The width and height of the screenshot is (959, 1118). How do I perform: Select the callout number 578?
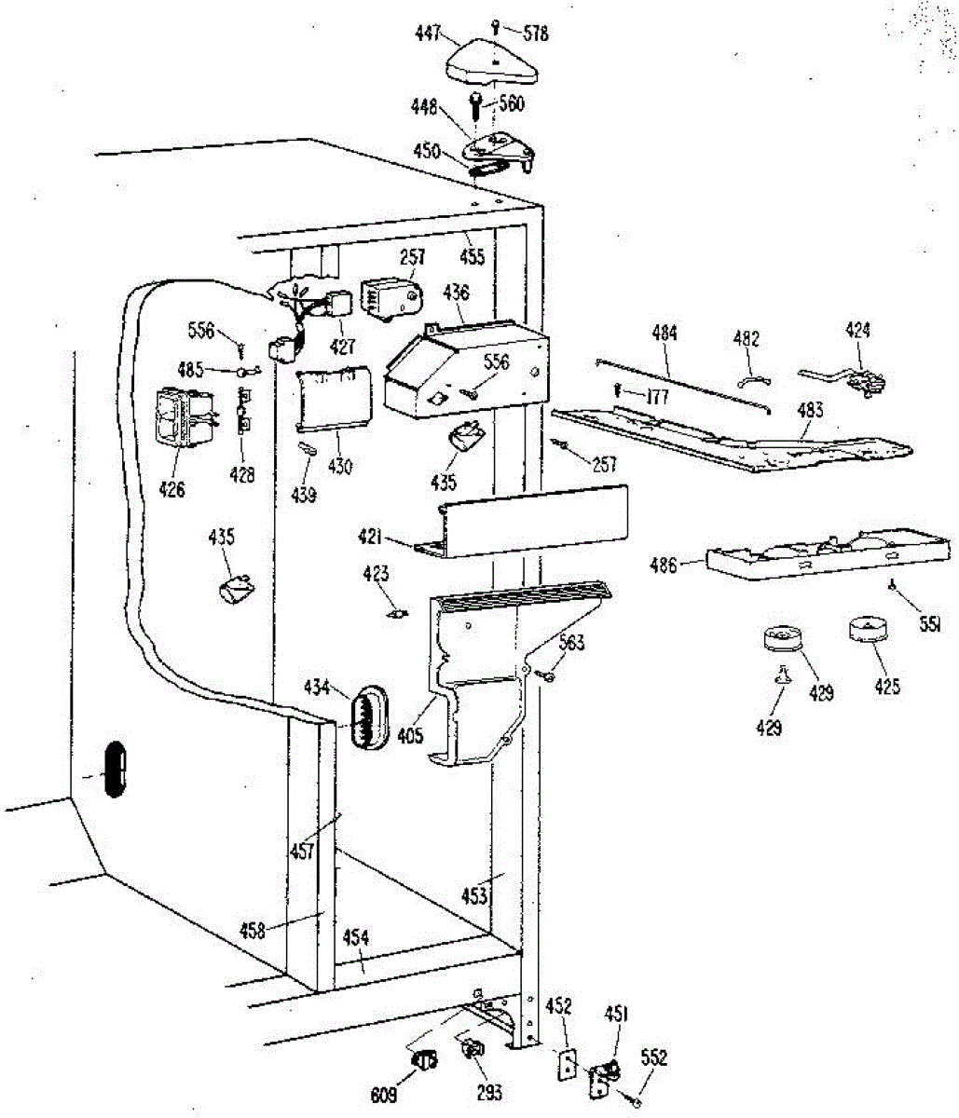(x=535, y=34)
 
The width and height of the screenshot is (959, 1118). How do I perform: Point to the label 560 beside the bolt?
(x=511, y=104)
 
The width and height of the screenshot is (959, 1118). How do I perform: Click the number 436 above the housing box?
(x=456, y=293)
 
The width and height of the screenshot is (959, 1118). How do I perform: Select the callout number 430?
(x=341, y=467)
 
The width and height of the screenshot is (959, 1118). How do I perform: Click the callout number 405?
(x=410, y=736)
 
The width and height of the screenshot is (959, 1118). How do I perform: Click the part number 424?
(x=858, y=329)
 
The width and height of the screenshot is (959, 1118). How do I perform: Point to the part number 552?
(x=653, y=1058)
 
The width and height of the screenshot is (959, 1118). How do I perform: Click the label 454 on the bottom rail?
(x=356, y=937)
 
